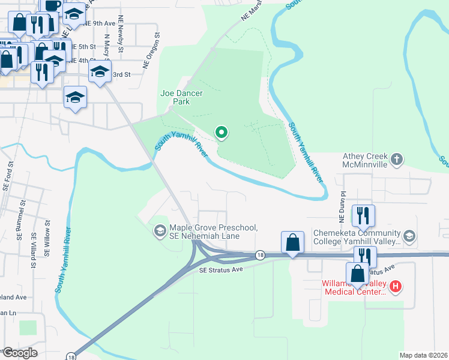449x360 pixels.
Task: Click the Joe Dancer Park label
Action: coord(181,97)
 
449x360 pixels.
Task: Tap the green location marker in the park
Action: coord(221,132)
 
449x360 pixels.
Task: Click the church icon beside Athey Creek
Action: coord(396,160)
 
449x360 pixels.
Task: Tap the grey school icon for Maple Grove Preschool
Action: coord(160,230)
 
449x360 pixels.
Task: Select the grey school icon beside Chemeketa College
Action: coord(409,235)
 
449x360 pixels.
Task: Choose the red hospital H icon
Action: coord(396,287)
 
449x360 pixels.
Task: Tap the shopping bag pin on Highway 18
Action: coord(292,244)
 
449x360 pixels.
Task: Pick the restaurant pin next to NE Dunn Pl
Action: coord(363,215)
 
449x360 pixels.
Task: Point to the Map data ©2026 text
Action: coord(423,355)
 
